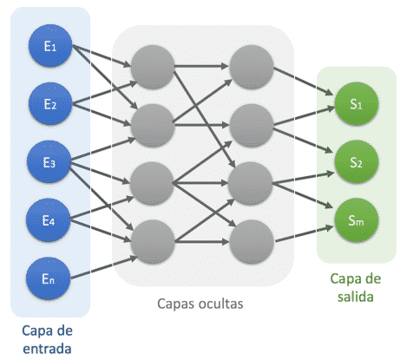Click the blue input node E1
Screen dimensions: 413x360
coord(50,46)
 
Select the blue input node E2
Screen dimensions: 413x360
coord(50,103)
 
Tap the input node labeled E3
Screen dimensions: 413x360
coord(49,162)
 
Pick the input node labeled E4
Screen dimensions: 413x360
coord(49,220)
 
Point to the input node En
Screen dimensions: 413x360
coord(49,278)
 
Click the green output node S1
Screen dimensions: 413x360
coord(357,104)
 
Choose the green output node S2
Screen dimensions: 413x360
coord(357,162)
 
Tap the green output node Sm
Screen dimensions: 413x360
coord(357,220)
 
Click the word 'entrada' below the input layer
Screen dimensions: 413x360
coord(47,349)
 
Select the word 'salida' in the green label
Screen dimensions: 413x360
coord(356,297)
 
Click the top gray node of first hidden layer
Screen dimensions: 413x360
coord(153,67)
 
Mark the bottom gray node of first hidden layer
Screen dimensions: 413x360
coord(153,242)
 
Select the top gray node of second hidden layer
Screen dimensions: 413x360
coord(252,67)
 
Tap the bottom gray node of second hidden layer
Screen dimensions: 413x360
coord(252,242)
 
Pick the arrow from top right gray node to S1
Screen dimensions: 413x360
coord(303,81)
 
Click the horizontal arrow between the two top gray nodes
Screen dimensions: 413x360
coord(201,66)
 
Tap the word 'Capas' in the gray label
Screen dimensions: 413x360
coord(172,304)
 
